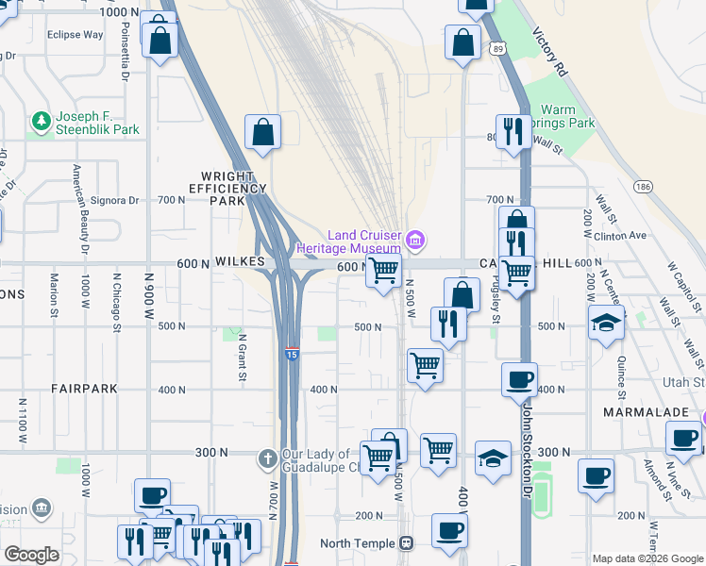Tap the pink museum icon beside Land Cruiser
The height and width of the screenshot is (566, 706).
coord(414,241)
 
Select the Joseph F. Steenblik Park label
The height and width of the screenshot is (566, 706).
coord(97,123)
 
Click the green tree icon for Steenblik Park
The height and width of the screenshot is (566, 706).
coord(41,122)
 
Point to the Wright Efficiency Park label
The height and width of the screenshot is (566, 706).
coord(227,188)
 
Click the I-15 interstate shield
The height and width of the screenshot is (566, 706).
coord(292,354)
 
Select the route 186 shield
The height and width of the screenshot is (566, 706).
coord(645,187)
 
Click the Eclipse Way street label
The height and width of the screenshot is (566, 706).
coord(75,35)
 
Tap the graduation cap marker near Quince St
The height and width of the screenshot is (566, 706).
coord(606,323)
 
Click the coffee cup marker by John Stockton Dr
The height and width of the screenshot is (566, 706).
coord(518,379)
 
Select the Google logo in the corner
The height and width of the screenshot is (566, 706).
coord(32,555)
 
